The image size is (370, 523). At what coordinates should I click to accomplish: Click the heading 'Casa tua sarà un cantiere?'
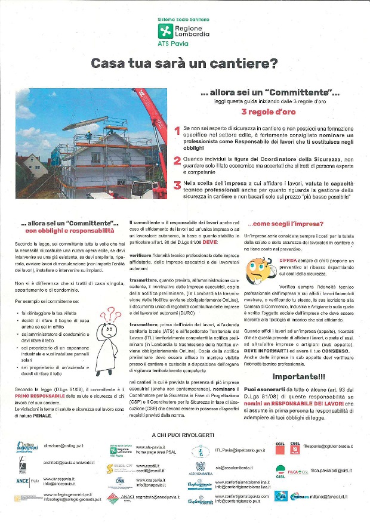184,63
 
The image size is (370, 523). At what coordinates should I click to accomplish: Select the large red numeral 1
177,131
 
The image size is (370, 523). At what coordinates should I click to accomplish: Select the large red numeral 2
177,160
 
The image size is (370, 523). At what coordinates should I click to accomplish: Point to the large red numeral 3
177,185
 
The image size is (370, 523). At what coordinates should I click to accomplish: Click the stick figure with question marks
109,338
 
